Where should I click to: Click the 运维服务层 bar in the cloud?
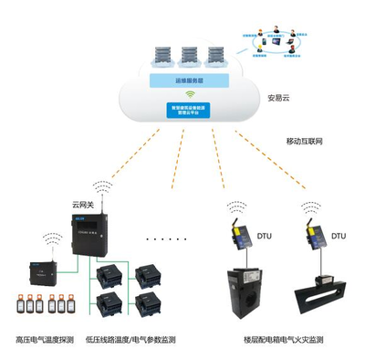click(191, 79)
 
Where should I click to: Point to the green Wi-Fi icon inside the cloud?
click(191, 94)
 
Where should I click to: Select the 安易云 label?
click(279, 98)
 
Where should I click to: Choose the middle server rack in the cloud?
click(190, 54)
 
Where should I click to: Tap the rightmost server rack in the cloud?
click(216, 54)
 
